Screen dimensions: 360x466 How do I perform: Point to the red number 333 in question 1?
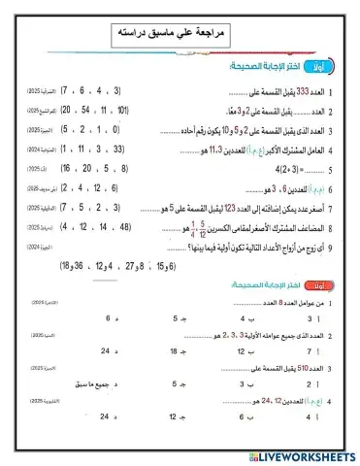point(302,93)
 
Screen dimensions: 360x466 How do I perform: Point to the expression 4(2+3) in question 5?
point(291,169)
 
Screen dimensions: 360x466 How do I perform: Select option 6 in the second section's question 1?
point(107,317)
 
